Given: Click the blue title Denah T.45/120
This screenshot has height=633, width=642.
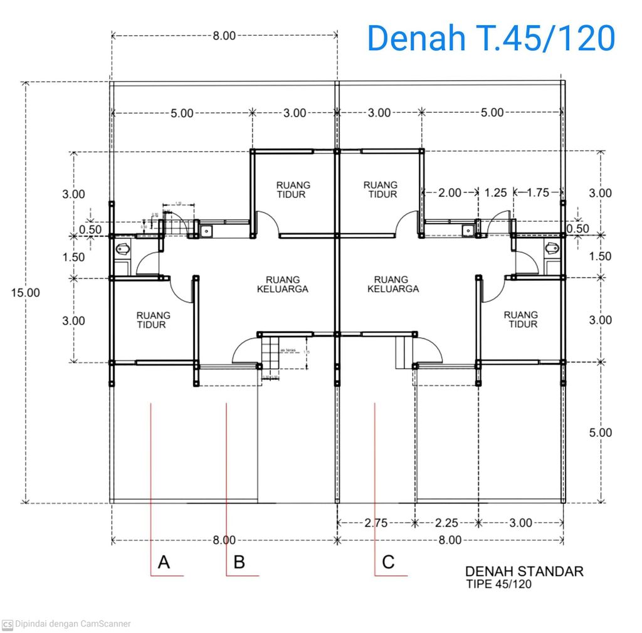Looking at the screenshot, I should pyautogui.click(x=490, y=38).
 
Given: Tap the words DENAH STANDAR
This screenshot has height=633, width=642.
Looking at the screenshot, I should pyautogui.click(x=524, y=571).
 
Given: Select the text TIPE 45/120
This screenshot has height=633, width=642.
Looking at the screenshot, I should pyautogui.click(x=499, y=584).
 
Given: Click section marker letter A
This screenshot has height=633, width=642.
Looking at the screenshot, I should pyautogui.click(x=164, y=562).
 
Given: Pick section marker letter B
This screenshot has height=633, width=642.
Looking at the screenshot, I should pyautogui.click(x=239, y=562).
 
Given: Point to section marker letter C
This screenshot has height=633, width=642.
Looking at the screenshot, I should pyautogui.click(x=388, y=562).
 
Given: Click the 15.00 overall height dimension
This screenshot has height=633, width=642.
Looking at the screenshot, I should pyautogui.click(x=25, y=292).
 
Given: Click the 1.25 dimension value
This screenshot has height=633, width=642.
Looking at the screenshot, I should pyautogui.click(x=495, y=192).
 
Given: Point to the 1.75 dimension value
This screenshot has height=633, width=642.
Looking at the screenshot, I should pyautogui.click(x=537, y=192).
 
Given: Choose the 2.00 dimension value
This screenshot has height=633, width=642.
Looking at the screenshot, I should pyautogui.click(x=449, y=192).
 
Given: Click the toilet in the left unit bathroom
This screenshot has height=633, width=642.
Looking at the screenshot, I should pyautogui.click(x=122, y=249).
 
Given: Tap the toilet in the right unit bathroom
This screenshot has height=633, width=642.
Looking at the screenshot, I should pyautogui.click(x=552, y=248).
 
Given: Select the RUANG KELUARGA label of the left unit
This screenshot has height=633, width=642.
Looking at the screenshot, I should pyautogui.click(x=282, y=285).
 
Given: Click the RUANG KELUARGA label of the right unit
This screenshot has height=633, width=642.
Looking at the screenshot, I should pyautogui.click(x=392, y=285).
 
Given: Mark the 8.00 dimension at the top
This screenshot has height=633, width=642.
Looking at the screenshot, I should pyautogui.click(x=224, y=36).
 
